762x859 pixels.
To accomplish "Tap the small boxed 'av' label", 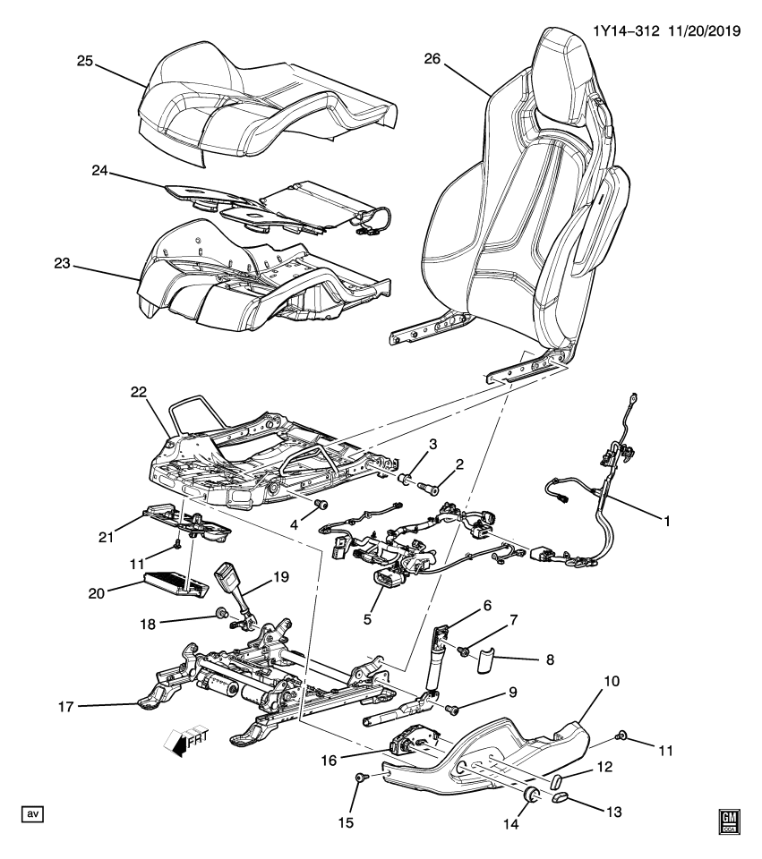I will coord(32,813).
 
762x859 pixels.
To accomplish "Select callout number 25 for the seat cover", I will coord(84,60).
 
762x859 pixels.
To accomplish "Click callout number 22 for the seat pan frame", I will coord(137,393).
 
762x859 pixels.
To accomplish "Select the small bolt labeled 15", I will coord(360,778).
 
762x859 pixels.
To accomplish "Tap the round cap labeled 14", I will coord(530,795).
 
